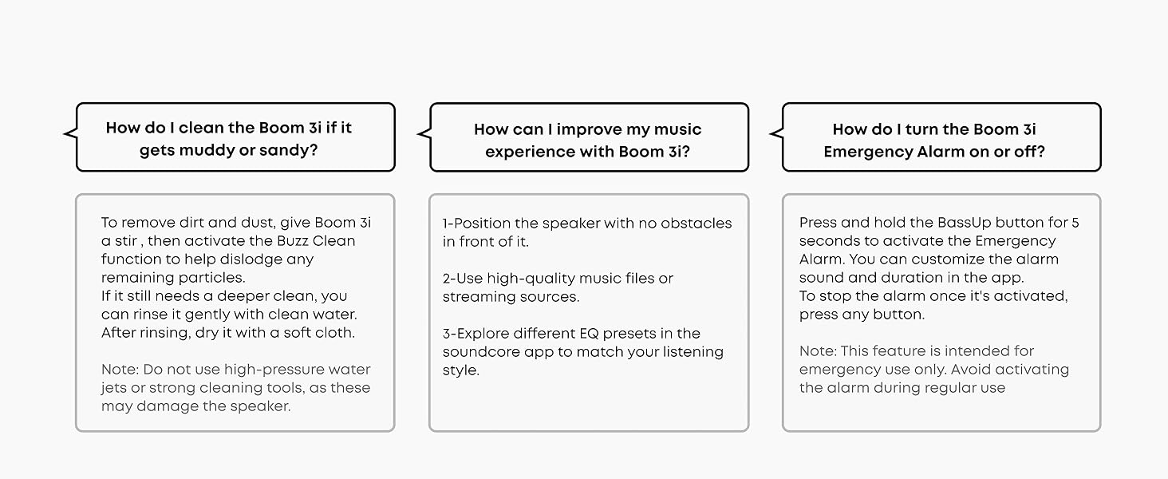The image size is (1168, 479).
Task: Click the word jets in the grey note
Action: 114,388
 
